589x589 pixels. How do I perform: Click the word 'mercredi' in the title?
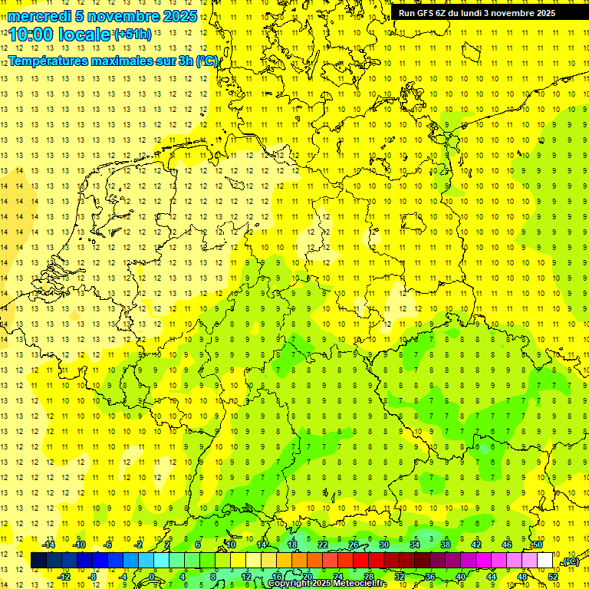[x=39, y=16]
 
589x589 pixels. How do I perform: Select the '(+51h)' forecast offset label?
[x=133, y=34]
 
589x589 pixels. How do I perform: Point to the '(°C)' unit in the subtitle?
[x=207, y=60]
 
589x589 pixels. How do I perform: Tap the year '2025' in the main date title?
[x=179, y=16]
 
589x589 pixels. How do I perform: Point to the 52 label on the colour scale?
[x=553, y=576]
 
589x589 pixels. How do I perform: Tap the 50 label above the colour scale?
[x=538, y=545]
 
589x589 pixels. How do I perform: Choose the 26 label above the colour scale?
[x=354, y=545]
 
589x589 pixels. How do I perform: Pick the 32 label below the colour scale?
[x=400, y=576]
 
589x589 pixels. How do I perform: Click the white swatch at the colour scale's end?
[x=545, y=561]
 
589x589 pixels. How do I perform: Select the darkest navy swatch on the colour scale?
[x=38, y=561]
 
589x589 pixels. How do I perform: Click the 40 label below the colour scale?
[x=461, y=576]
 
